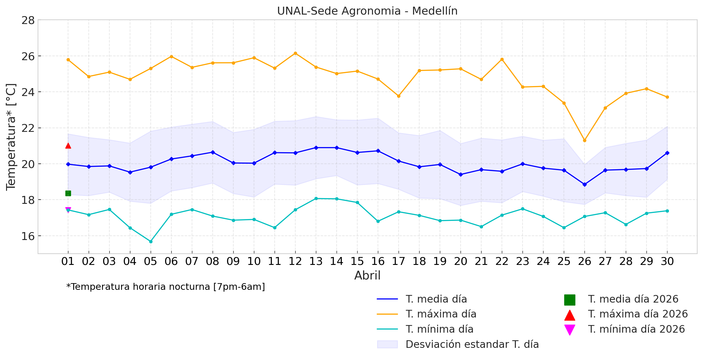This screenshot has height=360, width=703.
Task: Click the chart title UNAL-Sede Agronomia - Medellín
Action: coord(367,11)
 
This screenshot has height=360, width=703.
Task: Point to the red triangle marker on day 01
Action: coord(68,146)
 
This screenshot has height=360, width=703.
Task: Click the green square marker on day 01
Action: coord(68,193)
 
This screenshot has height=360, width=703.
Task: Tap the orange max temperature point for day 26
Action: coord(585,140)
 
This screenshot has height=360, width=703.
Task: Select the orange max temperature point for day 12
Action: coord(295,53)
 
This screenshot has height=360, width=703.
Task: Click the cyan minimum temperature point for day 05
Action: coord(151,242)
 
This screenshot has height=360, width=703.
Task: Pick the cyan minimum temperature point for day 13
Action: coord(316,198)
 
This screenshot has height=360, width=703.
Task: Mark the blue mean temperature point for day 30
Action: coord(667,153)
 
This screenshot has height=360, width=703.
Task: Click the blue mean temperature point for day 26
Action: coord(585,184)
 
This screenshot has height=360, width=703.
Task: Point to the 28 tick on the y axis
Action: coord(28,20)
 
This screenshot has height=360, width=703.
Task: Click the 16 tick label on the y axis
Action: coord(28,236)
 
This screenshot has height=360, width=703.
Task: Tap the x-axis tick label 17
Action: coord(399,261)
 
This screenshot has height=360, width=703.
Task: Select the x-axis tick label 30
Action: coord(667,261)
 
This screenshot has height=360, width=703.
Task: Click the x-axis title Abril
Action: coord(367,276)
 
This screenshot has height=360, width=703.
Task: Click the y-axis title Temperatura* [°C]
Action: coord(11,137)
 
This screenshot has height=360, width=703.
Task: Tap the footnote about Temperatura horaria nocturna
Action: coord(166,287)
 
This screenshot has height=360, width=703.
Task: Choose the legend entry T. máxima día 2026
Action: coord(637,314)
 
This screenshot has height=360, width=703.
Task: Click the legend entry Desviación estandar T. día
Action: coord(472,344)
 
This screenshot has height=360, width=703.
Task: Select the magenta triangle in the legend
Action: coord(570,330)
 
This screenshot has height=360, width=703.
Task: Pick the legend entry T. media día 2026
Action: coord(633,299)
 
